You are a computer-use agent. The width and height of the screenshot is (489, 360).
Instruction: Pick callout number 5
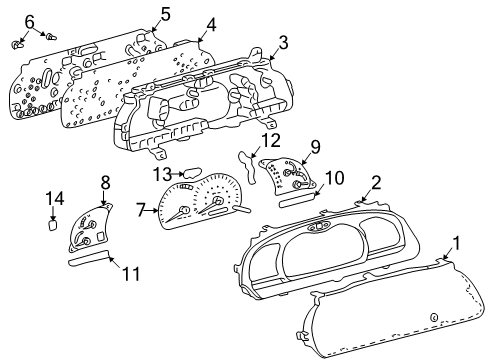165,13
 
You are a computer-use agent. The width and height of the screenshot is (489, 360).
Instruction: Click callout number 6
29,21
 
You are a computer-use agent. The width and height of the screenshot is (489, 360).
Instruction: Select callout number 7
142,209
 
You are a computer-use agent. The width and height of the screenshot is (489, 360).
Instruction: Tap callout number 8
104,182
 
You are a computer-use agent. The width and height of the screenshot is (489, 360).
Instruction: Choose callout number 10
336,177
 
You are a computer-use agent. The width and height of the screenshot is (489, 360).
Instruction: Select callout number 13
163,174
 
